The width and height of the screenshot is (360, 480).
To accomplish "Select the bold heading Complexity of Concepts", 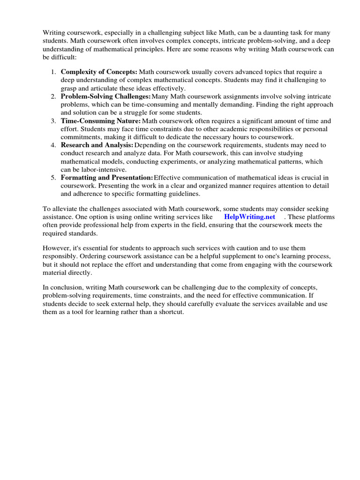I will click(99, 72).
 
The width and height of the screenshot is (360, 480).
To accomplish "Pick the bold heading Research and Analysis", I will click(97, 145).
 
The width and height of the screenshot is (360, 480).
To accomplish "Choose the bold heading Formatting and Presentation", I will click(107, 178).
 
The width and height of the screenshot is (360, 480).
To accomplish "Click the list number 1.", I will click(52, 72).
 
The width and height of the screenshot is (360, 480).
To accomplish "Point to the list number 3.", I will click(52, 121).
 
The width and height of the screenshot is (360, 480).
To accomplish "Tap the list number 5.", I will click(52, 178).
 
